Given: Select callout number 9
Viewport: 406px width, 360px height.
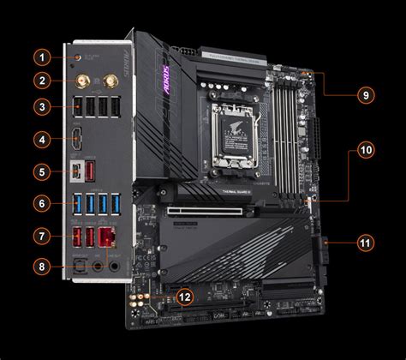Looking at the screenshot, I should click(x=366, y=94).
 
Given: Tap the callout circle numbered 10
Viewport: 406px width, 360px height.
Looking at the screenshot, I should click(x=366, y=149).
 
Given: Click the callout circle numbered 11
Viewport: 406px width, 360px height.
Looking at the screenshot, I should click(x=366, y=243).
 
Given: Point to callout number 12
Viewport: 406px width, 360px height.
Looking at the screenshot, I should click(x=185, y=297).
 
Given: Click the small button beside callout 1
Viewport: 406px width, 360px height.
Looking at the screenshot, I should click(x=80, y=58).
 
